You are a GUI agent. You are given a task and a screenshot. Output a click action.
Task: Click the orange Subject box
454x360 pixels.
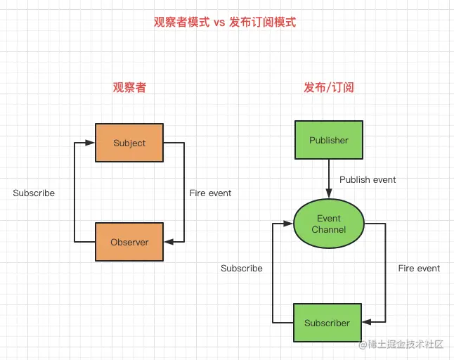(129, 143)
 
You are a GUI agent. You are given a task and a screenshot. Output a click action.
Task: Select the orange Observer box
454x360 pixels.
(129, 242)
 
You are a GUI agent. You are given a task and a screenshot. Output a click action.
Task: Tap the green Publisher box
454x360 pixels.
(328, 140)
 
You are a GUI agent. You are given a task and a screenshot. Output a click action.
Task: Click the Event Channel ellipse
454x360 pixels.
(329, 224)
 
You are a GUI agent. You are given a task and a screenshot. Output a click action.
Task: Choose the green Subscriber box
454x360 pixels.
(327, 323)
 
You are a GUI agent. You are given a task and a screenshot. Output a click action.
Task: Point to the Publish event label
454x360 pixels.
(368, 179)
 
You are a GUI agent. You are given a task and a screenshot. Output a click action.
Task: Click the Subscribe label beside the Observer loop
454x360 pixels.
(34, 193)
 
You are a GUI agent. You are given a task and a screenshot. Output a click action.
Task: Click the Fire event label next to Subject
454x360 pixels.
(210, 193)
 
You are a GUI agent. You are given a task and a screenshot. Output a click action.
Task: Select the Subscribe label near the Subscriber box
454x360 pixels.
(242, 268)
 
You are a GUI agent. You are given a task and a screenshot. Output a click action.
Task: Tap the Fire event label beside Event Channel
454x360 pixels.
(419, 268)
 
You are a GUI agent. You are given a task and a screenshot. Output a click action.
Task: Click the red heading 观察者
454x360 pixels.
(129, 88)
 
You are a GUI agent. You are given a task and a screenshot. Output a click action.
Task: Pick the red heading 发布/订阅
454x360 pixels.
(328, 88)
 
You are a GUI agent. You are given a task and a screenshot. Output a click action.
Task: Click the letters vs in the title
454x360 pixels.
(219, 22)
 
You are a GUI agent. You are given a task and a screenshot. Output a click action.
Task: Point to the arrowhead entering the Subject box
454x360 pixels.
(91, 143)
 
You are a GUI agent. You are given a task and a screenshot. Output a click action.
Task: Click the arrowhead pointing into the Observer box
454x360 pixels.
(169, 242)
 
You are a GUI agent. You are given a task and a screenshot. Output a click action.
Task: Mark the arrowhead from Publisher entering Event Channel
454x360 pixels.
(329, 195)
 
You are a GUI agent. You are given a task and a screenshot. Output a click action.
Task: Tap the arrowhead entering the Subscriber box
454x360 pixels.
(367, 323)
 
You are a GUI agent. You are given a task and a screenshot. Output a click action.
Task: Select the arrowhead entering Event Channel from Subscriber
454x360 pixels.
(288, 224)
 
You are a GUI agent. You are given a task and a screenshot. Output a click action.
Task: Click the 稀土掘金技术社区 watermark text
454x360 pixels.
(406, 345)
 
